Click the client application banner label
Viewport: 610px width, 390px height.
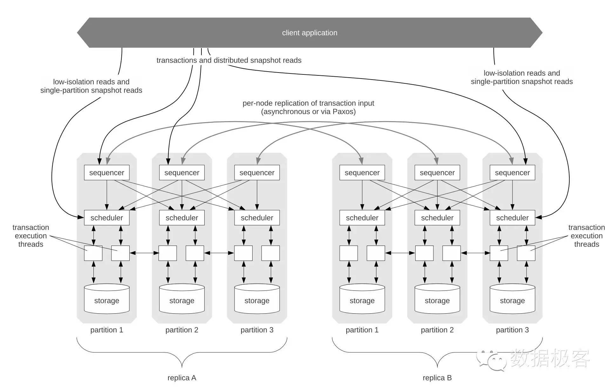point(309,33)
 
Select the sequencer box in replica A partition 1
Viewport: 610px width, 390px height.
point(106,173)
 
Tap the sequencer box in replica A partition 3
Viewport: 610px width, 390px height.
point(257,173)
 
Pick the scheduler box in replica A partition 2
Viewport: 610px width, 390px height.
point(182,218)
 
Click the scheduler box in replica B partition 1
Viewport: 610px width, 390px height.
point(362,218)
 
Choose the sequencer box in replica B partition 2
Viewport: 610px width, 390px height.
point(437,173)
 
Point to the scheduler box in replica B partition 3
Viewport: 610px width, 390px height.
point(512,218)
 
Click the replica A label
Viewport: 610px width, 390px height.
point(182,378)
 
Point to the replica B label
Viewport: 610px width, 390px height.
point(437,378)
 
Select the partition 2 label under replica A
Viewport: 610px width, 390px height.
point(182,330)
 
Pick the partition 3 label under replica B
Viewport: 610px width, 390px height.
point(512,330)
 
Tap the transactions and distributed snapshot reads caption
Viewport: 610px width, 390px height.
point(229,60)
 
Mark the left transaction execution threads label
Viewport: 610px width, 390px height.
point(31,236)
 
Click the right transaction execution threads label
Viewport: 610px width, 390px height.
point(586,236)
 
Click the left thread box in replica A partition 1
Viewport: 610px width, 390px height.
point(93,253)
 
